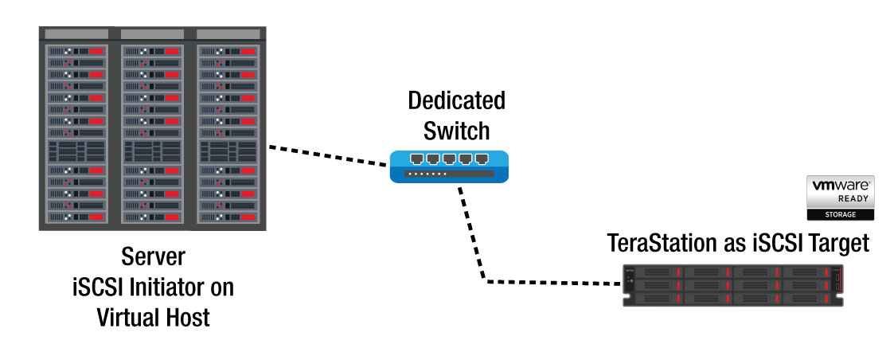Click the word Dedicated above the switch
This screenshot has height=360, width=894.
[456, 101]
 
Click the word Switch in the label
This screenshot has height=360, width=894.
[456, 130]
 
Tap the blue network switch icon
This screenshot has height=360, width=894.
[449, 166]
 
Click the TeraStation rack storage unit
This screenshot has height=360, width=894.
[732, 285]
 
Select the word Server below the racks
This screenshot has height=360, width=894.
[152, 258]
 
